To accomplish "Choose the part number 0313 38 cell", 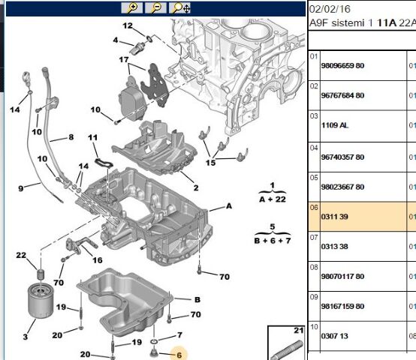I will point(326,246).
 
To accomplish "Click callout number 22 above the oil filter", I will point(22,256).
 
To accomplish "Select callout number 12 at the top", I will point(128,26).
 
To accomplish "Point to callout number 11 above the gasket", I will point(92,138).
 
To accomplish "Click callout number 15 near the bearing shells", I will point(210,162).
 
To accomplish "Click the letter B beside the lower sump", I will point(197,298).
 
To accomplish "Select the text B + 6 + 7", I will point(272,240).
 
